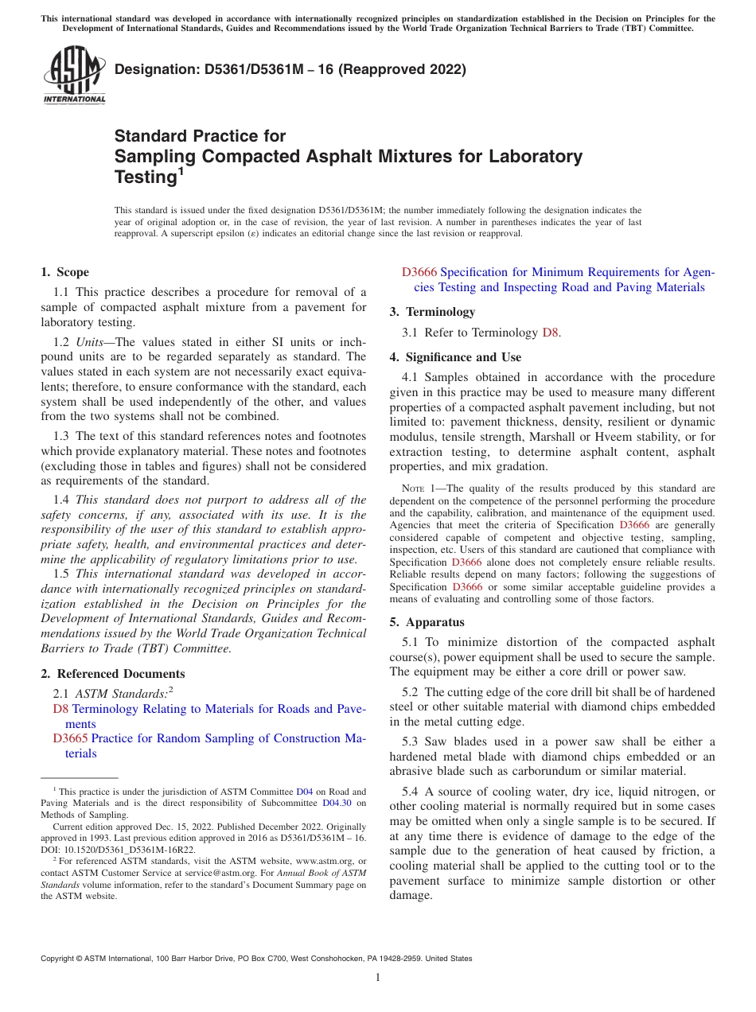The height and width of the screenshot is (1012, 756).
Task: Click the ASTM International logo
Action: pos(73,75)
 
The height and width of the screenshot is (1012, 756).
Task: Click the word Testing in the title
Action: pos(144,177)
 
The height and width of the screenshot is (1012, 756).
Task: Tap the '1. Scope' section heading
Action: pos(65,272)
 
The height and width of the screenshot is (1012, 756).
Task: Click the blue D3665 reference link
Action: pos(70,738)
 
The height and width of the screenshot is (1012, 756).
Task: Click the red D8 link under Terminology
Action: pos(550,333)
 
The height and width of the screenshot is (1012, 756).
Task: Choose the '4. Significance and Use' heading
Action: pos(456,357)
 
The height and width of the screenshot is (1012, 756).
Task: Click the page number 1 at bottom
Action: pos(378,978)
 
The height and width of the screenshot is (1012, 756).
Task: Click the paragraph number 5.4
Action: pos(411,792)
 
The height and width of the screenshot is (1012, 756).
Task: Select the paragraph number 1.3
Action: pos(61,436)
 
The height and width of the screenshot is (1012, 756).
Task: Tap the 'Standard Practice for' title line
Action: pos(201,136)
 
